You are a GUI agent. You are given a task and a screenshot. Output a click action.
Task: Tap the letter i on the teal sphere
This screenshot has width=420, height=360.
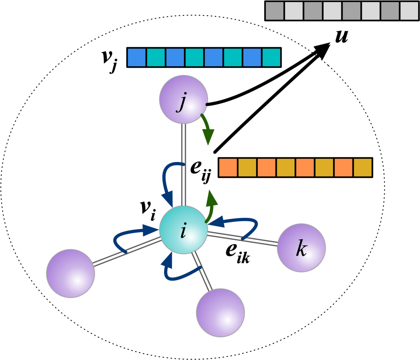point(183,231)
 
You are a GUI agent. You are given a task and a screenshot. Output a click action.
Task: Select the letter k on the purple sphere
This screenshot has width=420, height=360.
point(301,249)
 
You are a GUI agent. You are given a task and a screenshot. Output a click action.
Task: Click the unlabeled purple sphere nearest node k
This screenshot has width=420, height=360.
point(220,313)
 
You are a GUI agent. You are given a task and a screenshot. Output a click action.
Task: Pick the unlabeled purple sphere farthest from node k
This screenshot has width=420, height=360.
point(70,274)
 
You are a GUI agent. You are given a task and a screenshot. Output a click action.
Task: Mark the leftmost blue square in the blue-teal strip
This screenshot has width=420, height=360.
point(136,57)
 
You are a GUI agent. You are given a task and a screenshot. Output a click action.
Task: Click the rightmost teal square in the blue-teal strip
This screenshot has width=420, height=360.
point(271,57)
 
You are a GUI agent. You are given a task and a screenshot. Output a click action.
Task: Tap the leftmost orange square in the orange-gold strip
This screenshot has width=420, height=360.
point(228,167)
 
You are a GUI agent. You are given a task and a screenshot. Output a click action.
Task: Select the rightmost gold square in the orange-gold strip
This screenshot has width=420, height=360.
point(363,167)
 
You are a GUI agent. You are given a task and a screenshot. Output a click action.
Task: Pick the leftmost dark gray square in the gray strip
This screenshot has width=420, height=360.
point(274,11)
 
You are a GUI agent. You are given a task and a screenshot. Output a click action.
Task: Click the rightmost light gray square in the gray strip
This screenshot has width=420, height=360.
point(409,11)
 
